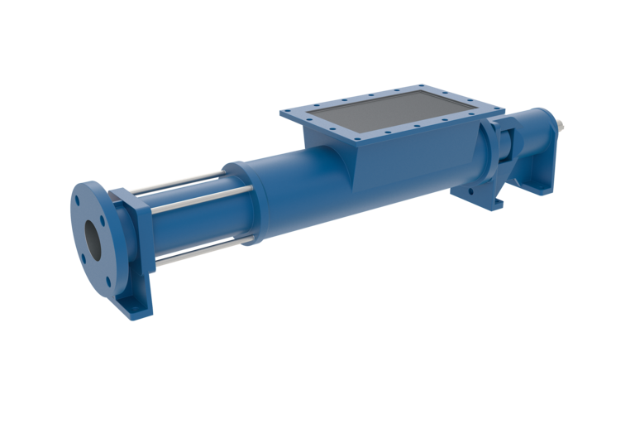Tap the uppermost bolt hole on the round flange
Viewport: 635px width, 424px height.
point(75,199)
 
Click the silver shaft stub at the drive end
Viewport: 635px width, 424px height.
point(562,127)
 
